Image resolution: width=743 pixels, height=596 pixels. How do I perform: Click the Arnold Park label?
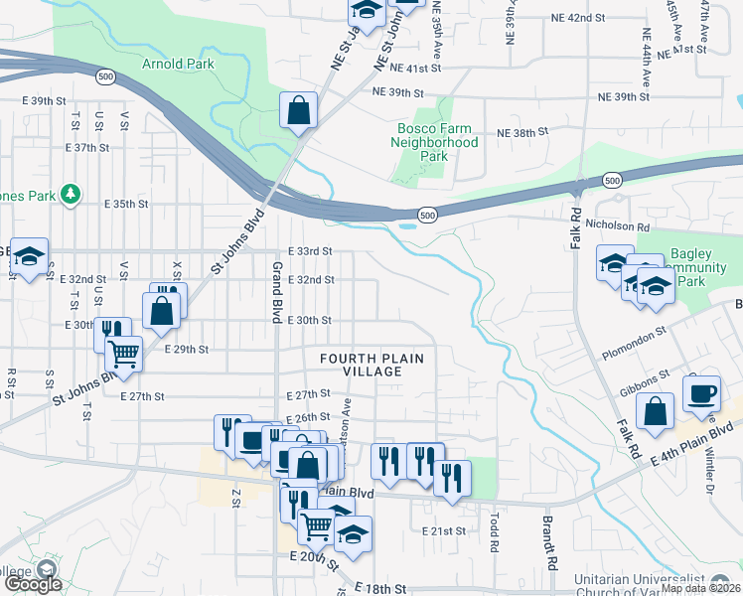point(178,64)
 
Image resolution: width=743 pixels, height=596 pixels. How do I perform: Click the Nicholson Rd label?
point(623,225)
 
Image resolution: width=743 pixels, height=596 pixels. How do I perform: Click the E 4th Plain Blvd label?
point(691,443)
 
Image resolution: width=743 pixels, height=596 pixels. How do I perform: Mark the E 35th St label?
point(126,203)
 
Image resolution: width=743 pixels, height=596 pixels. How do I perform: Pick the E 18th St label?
point(380,589)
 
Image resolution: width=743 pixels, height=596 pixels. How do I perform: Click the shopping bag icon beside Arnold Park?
point(298,111)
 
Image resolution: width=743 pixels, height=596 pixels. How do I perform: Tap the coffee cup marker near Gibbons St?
point(703,391)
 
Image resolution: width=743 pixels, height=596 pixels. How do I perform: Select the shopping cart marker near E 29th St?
point(123,353)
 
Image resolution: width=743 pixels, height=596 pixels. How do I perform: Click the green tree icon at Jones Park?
point(71,193)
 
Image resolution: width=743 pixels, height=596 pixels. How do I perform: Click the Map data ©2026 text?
point(699,588)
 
